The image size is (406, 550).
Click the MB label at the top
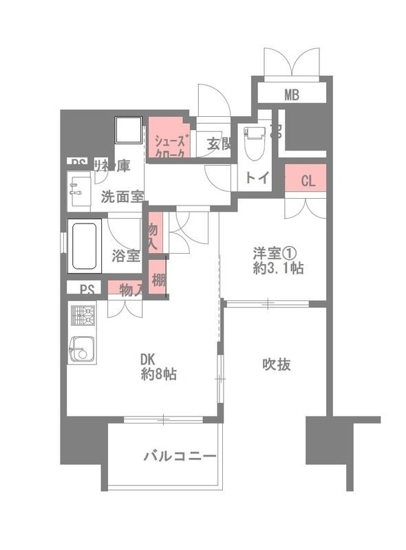(292, 94)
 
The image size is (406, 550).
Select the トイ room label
(257, 178)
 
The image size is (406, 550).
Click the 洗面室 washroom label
(122, 195)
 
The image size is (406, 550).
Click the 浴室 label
(126, 256)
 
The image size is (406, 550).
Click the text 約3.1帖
(278, 269)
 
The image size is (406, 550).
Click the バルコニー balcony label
(180, 455)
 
